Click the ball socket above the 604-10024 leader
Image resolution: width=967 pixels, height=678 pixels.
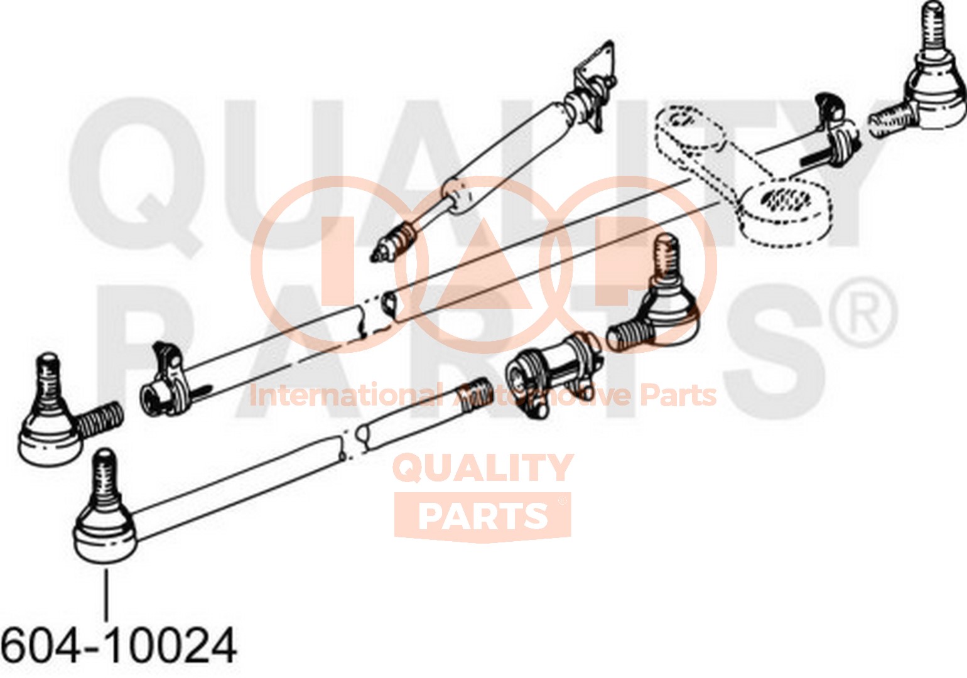pos(105,537)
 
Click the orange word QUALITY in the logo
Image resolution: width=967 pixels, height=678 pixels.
pos(483,468)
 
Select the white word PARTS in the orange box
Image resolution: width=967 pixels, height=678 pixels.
pos(483,515)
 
